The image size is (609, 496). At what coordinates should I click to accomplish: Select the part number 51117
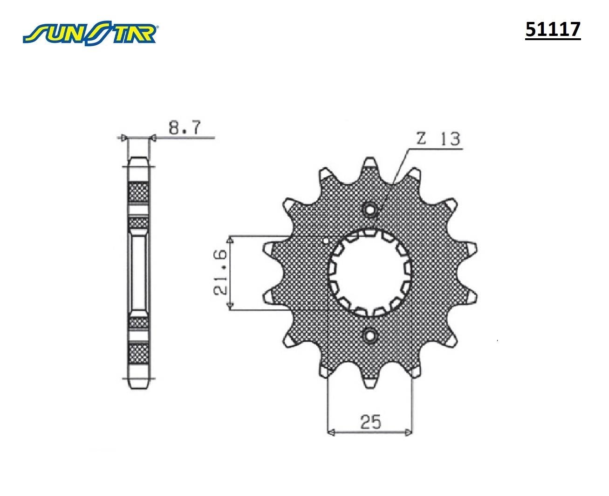[553, 30]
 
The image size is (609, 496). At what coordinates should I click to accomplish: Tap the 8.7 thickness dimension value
[184, 127]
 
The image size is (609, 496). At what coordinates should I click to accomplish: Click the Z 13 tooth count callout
[437, 139]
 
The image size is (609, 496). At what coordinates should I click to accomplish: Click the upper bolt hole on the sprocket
[370, 210]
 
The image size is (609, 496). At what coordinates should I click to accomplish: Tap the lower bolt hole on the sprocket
[370, 335]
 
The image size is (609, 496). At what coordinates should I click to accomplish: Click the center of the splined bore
[370, 272]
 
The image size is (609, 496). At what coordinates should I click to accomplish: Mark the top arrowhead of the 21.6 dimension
[229, 240]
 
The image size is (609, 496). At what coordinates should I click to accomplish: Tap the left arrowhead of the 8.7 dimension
[124, 138]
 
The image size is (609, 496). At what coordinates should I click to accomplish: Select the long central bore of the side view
[138, 272]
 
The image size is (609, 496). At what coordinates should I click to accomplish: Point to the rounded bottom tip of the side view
[138, 385]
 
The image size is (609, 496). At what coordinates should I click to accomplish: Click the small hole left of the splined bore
[326, 241]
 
